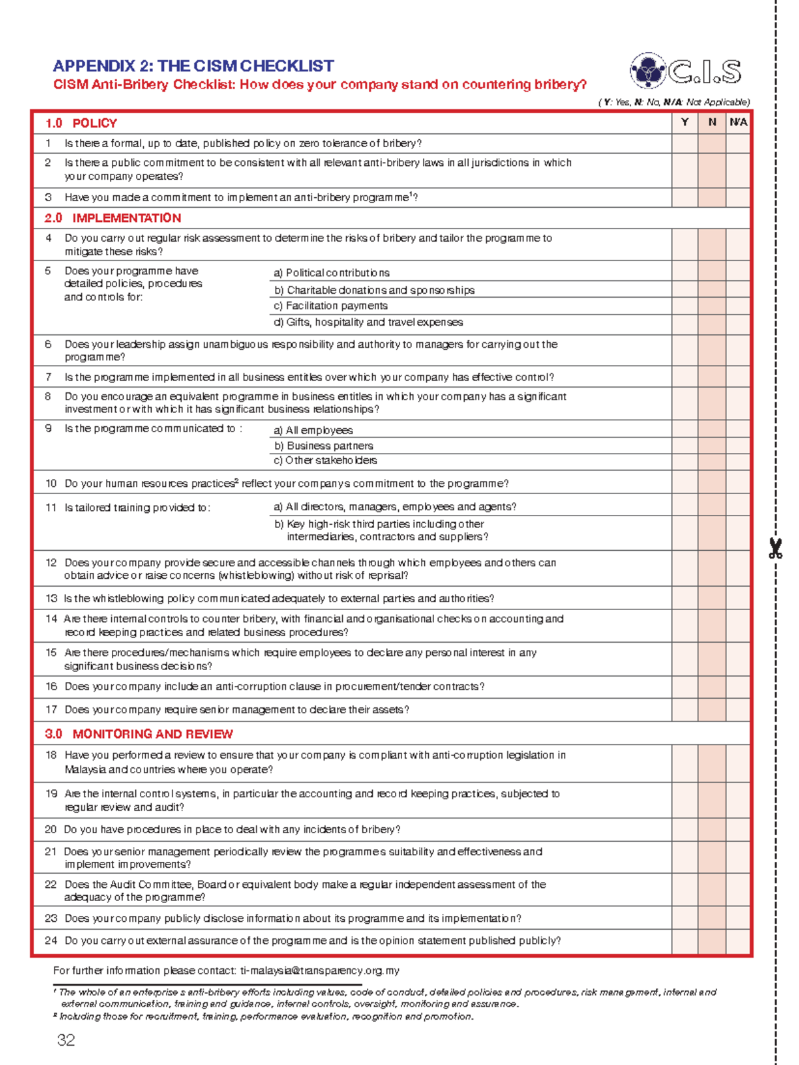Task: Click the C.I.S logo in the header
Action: coord(686,71)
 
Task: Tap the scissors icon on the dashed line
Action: coord(775,548)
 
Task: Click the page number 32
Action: coord(66,1040)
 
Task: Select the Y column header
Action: coord(684,123)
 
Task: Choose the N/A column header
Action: coord(738,123)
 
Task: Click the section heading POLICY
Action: coord(95,123)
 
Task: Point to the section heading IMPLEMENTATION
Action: coord(127,218)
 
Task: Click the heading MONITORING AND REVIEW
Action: coord(152,734)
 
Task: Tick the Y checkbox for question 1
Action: coord(684,143)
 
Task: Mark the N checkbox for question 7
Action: coord(712,377)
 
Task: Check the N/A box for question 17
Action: coord(738,709)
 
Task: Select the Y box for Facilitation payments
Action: coord(684,306)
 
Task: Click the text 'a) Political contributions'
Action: coord(332,273)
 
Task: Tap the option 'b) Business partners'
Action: coord(324,446)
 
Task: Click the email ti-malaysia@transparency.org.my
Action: coord(320,970)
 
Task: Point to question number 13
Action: coord(51,598)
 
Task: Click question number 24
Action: coord(51,940)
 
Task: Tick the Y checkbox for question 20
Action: coord(684,829)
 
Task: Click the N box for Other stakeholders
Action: coord(712,461)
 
